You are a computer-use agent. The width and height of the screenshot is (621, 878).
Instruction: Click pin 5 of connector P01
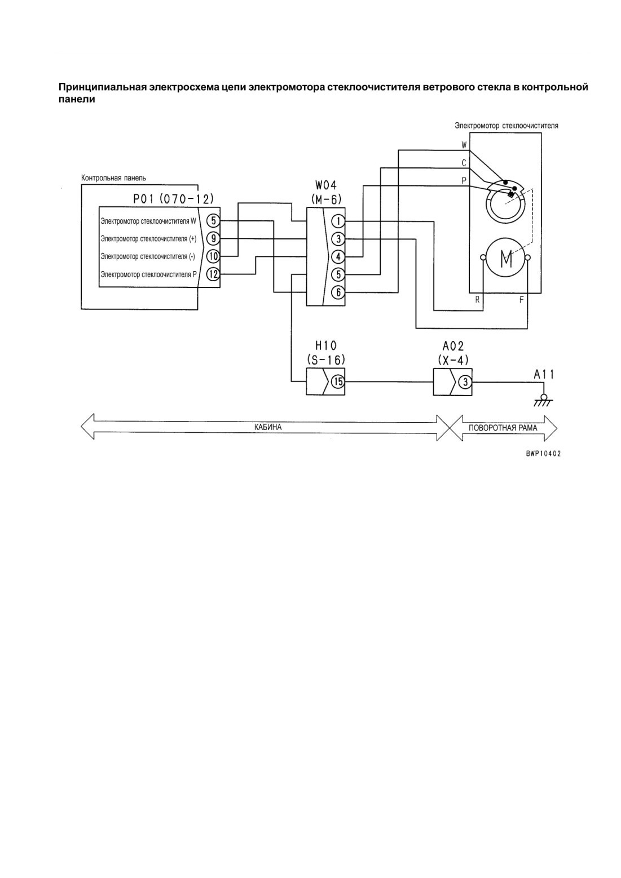[x=213, y=221]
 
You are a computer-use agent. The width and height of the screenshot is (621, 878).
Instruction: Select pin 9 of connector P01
[x=213, y=238]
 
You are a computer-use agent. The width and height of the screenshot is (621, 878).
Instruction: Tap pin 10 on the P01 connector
[x=213, y=256]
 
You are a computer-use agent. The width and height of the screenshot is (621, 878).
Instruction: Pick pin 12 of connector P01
[x=213, y=274]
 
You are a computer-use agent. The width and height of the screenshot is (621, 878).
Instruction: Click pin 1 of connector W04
[x=338, y=221]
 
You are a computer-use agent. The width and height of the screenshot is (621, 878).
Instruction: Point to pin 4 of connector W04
[x=338, y=257]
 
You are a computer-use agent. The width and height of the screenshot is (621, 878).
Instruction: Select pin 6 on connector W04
[x=338, y=292]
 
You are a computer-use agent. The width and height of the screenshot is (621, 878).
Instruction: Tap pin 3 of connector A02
[x=465, y=382]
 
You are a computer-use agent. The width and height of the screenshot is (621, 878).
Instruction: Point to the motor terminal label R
[x=477, y=300]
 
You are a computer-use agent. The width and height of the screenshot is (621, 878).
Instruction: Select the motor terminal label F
[x=521, y=300]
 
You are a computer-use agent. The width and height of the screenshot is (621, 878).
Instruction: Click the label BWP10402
[x=543, y=454]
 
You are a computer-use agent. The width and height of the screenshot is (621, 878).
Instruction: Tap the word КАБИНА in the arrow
[x=267, y=427]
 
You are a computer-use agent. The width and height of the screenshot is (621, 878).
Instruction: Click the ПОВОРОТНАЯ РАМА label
[x=503, y=428]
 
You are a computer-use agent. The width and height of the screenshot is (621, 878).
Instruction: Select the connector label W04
[x=325, y=185]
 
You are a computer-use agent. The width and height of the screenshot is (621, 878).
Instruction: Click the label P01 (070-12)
[x=173, y=199]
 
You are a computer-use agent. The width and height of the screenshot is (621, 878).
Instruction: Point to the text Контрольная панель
[x=113, y=178]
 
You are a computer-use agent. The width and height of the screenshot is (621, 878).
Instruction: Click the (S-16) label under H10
[x=326, y=360]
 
